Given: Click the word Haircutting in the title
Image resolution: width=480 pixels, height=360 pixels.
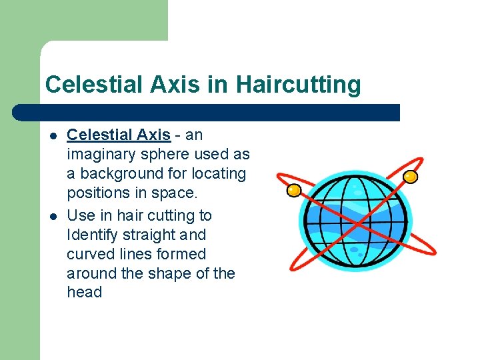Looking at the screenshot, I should pyautogui.click(x=298, y=85).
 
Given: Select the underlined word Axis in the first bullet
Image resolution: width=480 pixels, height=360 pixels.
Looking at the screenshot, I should pyautogui.click(x=154, y=135).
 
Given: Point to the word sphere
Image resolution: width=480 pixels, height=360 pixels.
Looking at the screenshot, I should pyautogui.click(x=175, y=154).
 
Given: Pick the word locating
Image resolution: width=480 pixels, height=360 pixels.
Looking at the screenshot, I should pyautogui.click(x=219, y=173).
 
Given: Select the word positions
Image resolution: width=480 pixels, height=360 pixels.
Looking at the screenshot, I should pyautogui.click(x=99, y=193).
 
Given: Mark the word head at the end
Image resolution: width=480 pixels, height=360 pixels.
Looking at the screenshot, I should pyautogui.click(x=84, y=292).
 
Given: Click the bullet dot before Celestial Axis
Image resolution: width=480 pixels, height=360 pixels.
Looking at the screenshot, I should pyautogui.click(x=52, y=136).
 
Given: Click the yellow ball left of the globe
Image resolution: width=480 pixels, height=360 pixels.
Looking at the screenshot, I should pyautogui.click(x=293, y=191).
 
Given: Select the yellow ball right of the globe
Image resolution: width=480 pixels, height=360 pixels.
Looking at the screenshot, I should pyautogui.click(x=411, y=176).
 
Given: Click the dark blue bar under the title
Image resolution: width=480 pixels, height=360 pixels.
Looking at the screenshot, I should pyautogui.click(x=207, y=112).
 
